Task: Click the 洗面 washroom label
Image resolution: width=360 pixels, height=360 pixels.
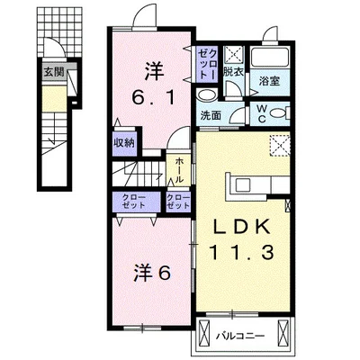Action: pos(211,114)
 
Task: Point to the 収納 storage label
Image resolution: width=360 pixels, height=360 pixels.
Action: pos(124,142)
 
